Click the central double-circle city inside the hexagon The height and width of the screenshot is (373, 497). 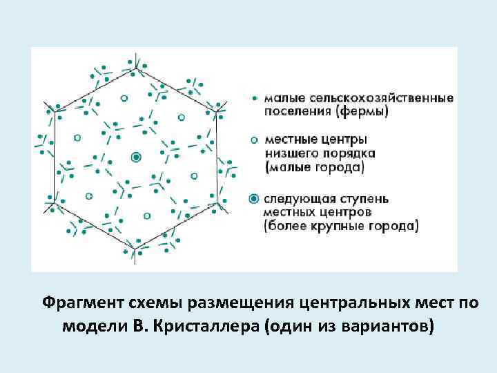pos(136,157)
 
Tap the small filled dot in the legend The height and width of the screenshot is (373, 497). pos(255,98)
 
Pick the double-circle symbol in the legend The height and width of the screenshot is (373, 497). pos(255,200)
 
